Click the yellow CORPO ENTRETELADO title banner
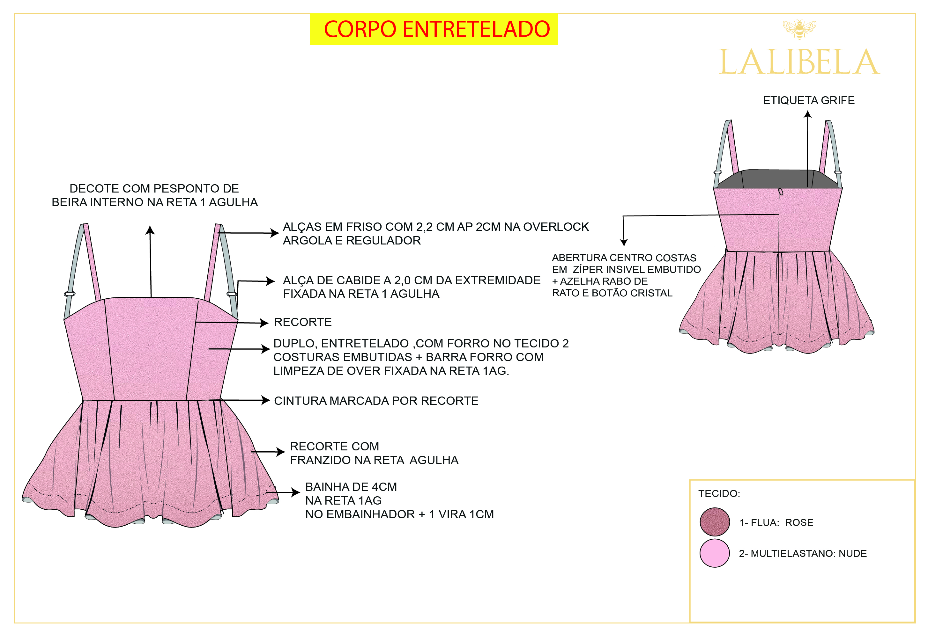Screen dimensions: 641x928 pos(433,29)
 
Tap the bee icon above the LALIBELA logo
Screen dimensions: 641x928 pos(799,29)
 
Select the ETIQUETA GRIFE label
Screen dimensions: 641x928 pos(808,100)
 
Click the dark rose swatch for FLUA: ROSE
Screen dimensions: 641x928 pos(714,522)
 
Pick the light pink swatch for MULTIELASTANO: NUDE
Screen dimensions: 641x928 pos(714,553)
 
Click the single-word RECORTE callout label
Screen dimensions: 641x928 pos(303,322)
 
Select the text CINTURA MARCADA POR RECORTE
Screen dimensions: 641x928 pos(376,401)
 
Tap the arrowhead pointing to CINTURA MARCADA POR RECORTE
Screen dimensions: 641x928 pos(266,400)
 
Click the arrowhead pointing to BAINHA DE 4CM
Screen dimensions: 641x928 pos(296,492)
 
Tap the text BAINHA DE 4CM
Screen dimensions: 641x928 pos(351,487)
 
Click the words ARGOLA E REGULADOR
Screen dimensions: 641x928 pos(352,241)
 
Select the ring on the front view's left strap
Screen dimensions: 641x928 pos(70,294)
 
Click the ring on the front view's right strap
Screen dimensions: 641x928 pos(232,294)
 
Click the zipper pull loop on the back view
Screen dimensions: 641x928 pos(781,192)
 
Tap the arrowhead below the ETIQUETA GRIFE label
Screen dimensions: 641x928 pos(807,114)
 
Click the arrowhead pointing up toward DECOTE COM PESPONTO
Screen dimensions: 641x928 pos(150,230)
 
